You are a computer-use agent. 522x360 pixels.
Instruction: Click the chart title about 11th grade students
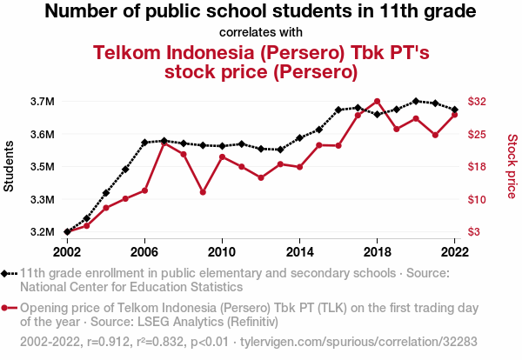(260, 12)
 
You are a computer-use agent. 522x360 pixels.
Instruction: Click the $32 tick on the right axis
(478, 102)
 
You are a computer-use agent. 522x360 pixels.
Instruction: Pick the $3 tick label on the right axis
(474, 232)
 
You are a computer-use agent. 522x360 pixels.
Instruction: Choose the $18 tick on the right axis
(478, 167)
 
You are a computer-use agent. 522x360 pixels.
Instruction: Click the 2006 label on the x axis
(144, 251)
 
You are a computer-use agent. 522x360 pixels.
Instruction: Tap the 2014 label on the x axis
(299, 251)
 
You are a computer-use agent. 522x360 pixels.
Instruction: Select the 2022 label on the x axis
(454, 251)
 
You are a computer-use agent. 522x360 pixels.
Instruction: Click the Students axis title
(10, 166)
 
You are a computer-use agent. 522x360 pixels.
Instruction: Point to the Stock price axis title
(512, 166)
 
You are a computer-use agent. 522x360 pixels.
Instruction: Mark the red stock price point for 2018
(377, 101)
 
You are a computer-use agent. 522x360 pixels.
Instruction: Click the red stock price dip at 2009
(203, 192)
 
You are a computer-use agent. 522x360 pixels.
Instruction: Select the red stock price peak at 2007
(164, 143)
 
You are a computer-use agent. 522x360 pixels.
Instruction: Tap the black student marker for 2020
(416, 101)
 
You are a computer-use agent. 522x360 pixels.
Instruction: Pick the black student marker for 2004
(105, 192)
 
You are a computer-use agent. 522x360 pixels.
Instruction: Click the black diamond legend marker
(10, 273)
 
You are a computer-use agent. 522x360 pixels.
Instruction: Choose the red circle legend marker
(10, 308)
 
